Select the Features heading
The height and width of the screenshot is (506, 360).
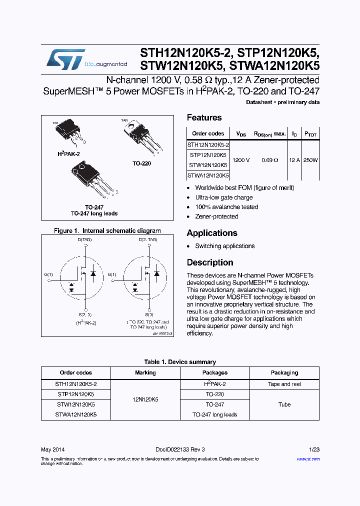[x=204, y=117]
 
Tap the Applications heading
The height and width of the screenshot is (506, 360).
[x=211, y=233]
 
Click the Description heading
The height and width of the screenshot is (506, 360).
[x=210, y=262]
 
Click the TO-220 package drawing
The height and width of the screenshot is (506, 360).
[x=142, y=137]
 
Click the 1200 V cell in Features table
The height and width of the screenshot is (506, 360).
[x=241, y=160]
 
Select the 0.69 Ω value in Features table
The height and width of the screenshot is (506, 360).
[x=270, y=160]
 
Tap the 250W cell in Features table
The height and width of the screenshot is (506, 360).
[x=310, y=160]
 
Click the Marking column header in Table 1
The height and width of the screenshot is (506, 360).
[x=145, y=372]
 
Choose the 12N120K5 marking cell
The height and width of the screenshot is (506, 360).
[x=145, y=399]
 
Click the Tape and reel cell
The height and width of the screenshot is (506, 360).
[x=284, y=384]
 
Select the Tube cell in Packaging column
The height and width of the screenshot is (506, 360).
[x=284, y=404]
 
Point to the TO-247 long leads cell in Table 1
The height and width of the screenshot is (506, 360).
[x=215, y=414]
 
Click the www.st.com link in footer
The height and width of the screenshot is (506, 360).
[x=308, y=458]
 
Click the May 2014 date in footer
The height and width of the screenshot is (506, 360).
[x=52, y=449]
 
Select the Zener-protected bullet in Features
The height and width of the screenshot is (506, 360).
[x=216, y=216]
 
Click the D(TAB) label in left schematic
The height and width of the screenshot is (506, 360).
[x=84, y=240]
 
